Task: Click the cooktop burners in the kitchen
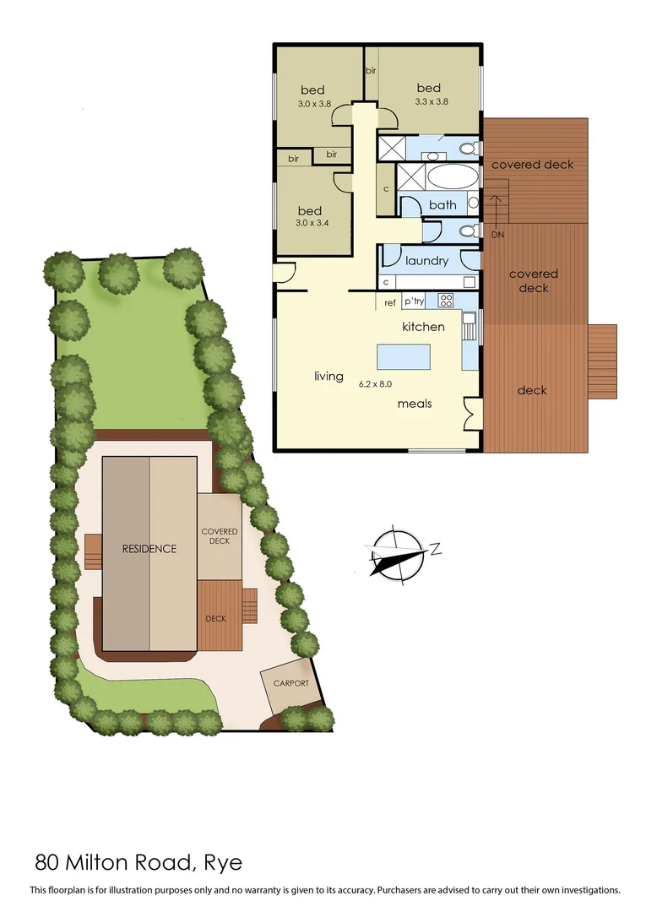pyautogui.click(x=445, y=300)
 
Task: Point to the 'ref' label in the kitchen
pyautogui.click(x=390, y=302)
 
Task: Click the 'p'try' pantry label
pyautogui.click(x=414, y=301)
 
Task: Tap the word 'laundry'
pyautogui.click(x=426, y=261)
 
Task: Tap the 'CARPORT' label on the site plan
pyautogui.click(x=290, y=683)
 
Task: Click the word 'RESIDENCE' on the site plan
pyautogui.click(x=149, y=549)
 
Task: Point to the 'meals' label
pyautogui.click(x=415, y=404)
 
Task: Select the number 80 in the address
pyautogui.click(x=46, y=862)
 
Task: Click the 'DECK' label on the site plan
pyautogui.click(x=215, y=618)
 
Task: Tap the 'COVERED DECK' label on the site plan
pyautogui.click(x=219, y=536)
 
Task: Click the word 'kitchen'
pyautogui.click(x=423, y=326)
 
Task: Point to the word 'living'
pyautogui.click(x=328, y=376)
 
